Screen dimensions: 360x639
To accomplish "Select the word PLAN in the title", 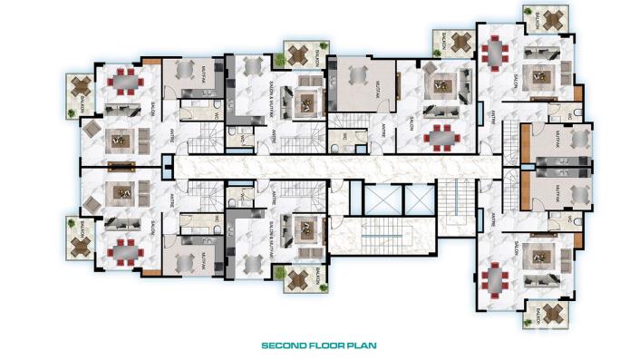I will [x=361, y=345].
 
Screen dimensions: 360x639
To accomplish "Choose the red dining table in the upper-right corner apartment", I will [x=494, y=52].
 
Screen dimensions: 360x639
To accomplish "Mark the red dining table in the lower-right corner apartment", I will [x=494, y=278].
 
